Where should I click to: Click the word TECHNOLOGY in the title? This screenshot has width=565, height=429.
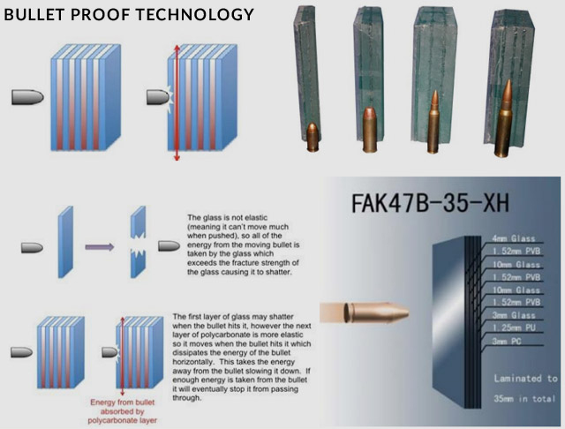[x=195, y=14]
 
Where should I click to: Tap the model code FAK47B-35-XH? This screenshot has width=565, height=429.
[x=430, y=203]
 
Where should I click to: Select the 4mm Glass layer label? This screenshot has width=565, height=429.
[x=514, y=238]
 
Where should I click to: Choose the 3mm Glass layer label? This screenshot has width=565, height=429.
[x=514, y=315]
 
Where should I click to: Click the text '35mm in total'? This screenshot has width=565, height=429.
[x=524, y=399]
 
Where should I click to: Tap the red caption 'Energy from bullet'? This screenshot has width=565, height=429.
[x=122, y=403]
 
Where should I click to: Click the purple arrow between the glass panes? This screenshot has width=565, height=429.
[x=100, y=247]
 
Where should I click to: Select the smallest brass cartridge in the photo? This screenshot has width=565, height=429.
[x=312, y=137]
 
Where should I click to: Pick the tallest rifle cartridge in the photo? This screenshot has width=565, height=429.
[x=503, y=119]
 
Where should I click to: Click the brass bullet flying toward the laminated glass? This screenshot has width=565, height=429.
[x=376, y=312]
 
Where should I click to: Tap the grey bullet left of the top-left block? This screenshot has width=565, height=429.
[x=27, y=97]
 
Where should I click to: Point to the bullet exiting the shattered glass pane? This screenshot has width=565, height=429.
[x=169, y=246]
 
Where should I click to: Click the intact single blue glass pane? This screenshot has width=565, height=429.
[x=65, y=242]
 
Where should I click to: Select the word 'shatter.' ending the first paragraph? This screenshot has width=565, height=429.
[x=278, y=272]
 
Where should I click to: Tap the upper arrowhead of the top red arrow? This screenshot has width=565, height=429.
[x=177, y=48]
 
